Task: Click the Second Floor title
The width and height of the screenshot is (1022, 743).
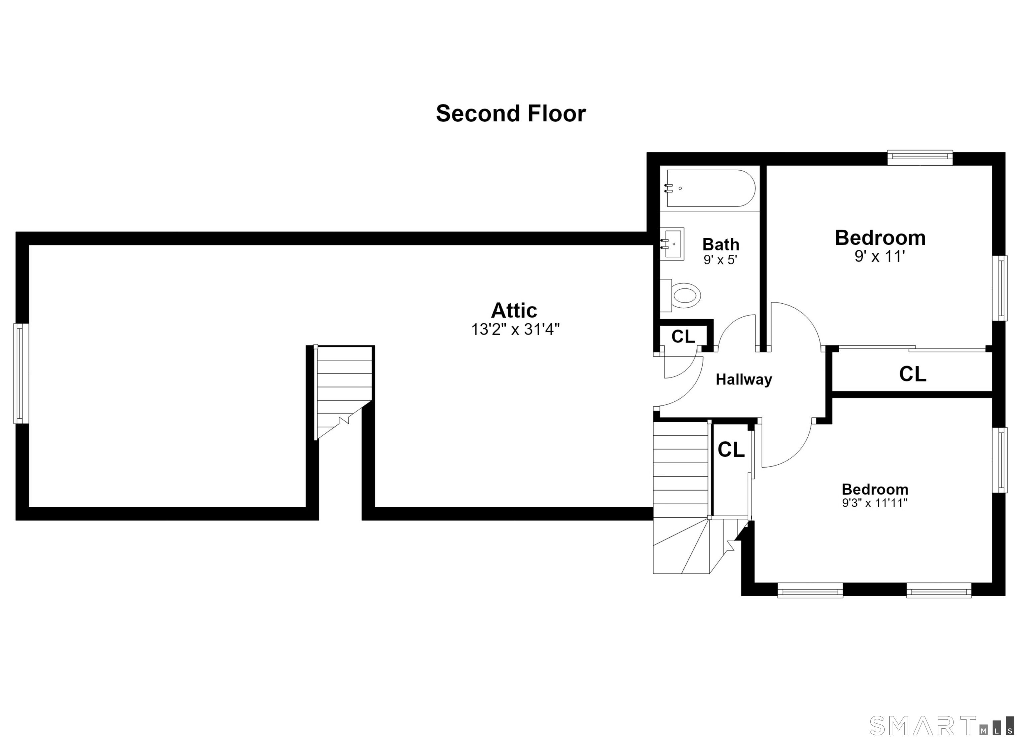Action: point(511,113)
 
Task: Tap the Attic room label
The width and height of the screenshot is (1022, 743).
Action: point(514,310)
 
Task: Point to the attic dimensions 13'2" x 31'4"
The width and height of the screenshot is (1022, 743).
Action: point(515,329)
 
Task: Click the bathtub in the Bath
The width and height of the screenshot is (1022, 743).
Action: point(710,188)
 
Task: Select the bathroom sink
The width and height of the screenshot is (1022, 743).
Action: point(672,244)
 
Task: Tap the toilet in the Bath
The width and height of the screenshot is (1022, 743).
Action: point(680,295)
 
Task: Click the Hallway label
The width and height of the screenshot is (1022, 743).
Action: point(744,379)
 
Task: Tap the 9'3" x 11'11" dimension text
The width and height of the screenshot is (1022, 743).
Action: point(875,503)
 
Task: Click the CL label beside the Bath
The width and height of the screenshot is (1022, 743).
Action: point(683,336)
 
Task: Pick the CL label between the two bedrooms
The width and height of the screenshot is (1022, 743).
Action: point(913,373)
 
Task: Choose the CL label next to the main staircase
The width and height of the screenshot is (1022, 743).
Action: point(731,449)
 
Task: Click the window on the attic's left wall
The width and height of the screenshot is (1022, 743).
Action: point(21,373)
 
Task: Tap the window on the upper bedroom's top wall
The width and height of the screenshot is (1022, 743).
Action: point(920,157)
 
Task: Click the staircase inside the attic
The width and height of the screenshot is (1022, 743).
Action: point(344,392)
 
